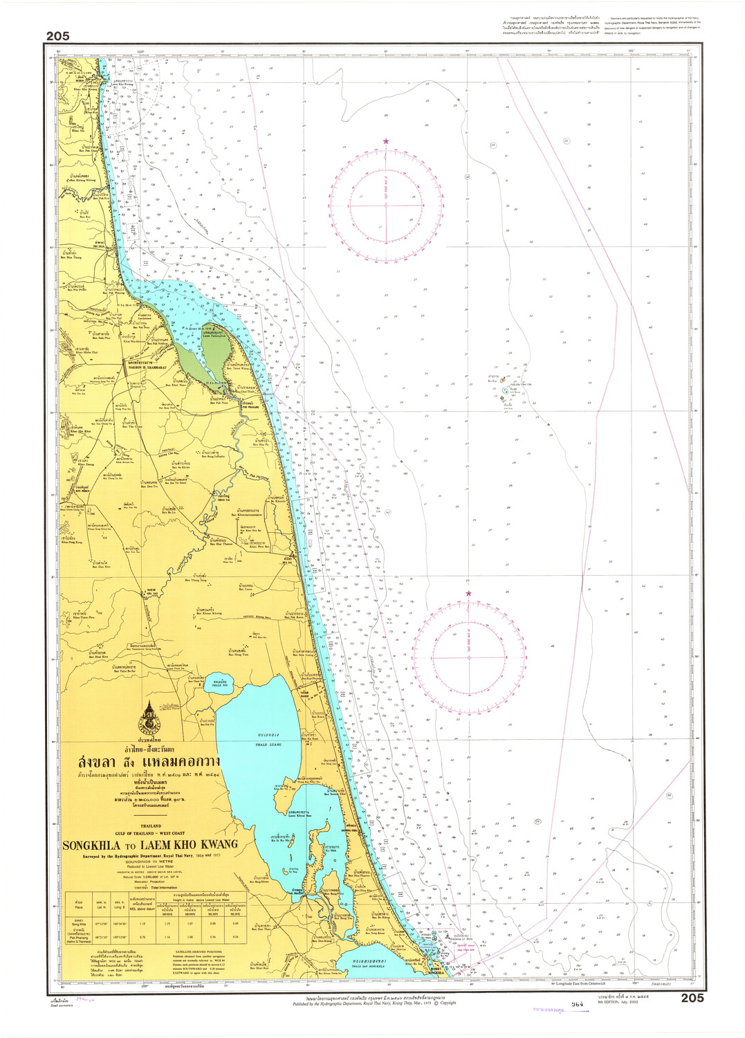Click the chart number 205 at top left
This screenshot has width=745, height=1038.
tap(58, 36)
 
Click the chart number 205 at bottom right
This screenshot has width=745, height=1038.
tap(692, 997)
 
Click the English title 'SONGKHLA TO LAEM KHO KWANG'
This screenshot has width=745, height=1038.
tap(150, 844)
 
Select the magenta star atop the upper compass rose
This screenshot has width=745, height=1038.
tap(386, 142)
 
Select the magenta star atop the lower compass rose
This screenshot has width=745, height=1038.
tap(468, 593)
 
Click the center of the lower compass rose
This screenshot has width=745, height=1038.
tap(468, 656)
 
